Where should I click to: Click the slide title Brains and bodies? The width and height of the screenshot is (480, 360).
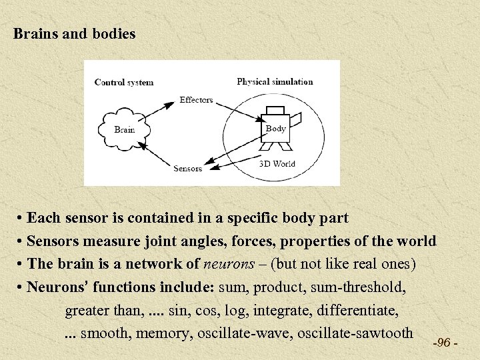[75, 33]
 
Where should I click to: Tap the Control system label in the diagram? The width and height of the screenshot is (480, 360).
[124, 83]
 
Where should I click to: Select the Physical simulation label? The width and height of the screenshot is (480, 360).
[275, 82]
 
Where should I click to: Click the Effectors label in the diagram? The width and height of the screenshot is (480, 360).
[196, 100]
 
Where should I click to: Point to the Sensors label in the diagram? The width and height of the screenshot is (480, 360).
[187, 169]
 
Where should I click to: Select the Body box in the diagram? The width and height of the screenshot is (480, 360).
[275, 129]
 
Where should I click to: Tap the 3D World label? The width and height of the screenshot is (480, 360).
[277, 164]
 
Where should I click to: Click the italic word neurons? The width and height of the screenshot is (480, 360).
[229, 264]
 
